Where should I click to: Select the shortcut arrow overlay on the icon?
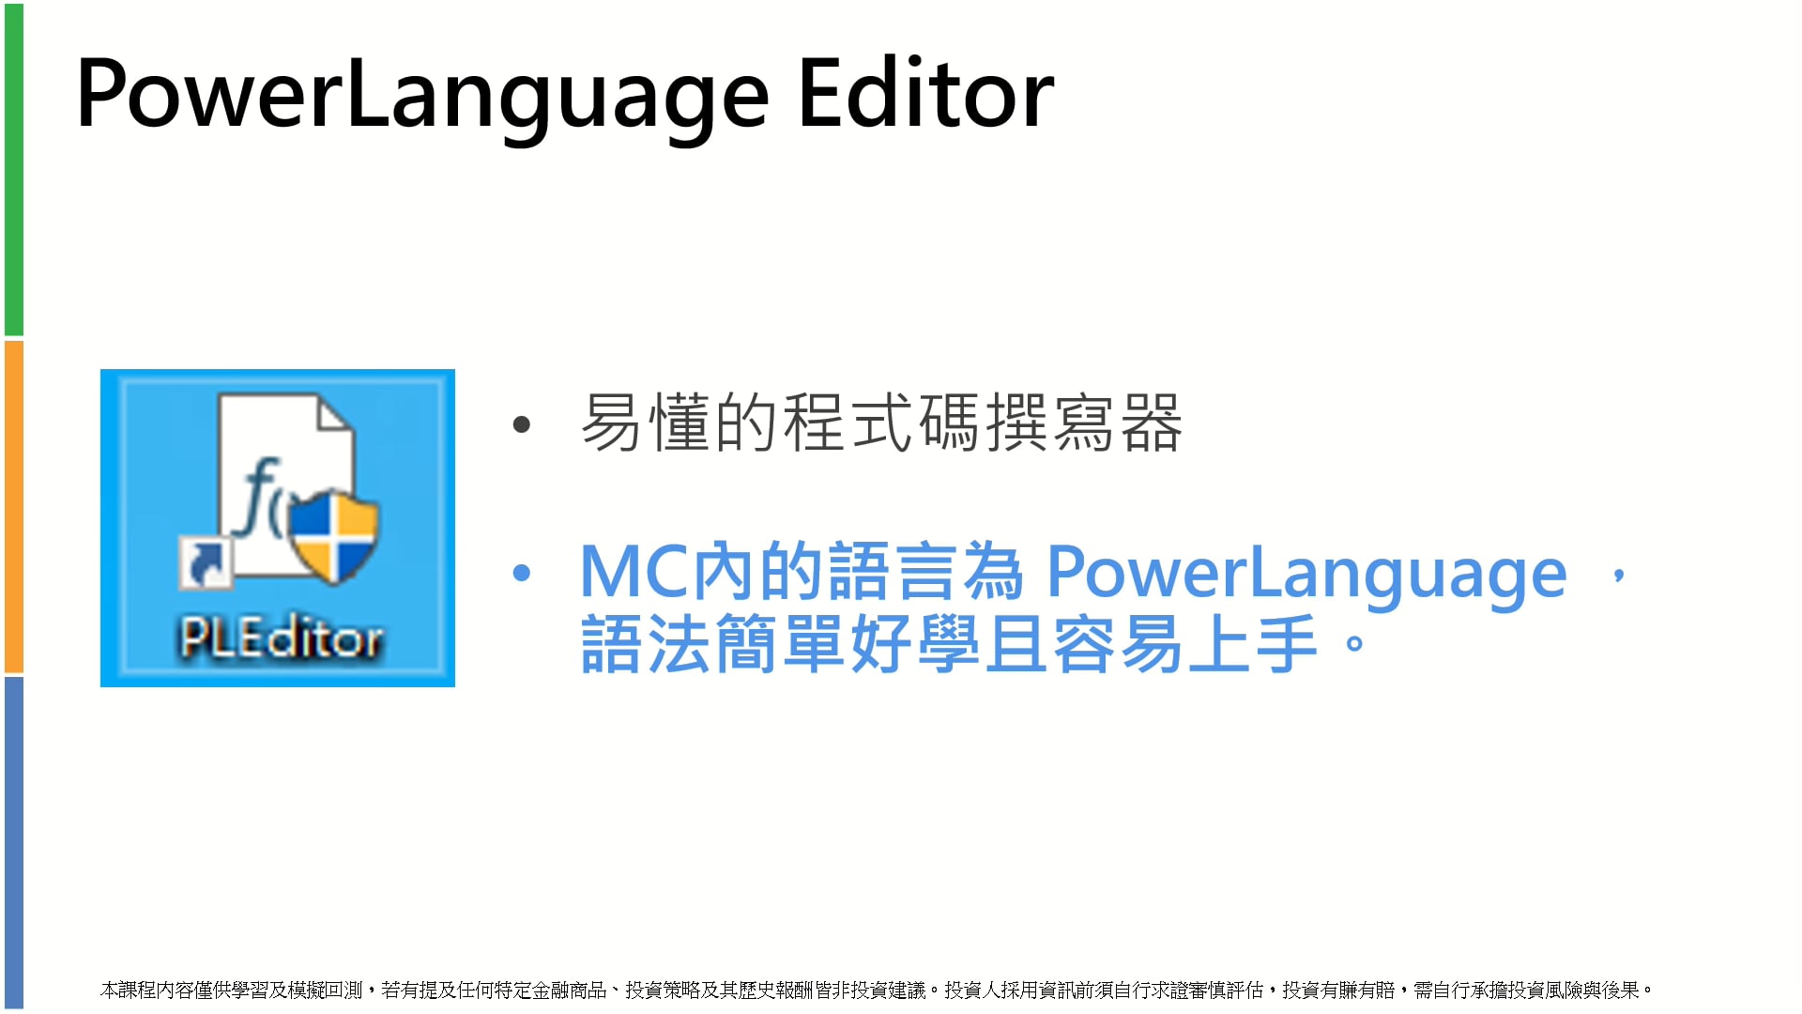[206, 561]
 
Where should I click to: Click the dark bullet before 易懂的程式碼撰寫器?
[522, 425]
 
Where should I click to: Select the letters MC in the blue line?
[634, 571]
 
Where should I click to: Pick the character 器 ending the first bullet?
[1151, 423]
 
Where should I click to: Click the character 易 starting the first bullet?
[612, 423]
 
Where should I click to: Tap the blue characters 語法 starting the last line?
[646, 644]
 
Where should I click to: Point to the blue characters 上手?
[1252, 644]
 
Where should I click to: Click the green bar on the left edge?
[14, 169]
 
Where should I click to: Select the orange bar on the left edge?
[14, 507]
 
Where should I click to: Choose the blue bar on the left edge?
[14, 843]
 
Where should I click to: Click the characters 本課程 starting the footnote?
[129, 990]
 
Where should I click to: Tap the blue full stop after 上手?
[1354, 644]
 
